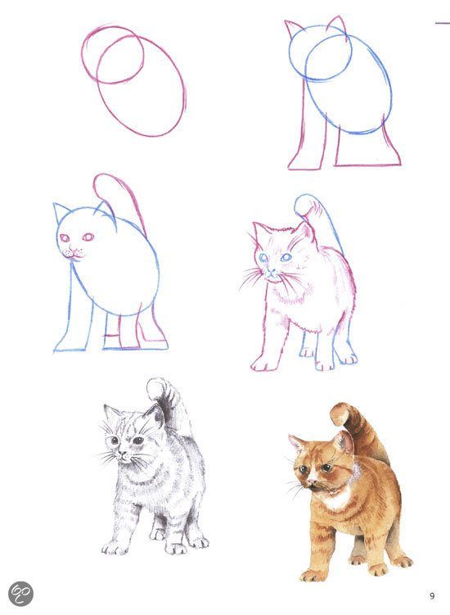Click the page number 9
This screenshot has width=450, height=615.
click(x=432, y=596)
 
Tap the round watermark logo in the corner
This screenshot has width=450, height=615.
click(x=20, y=594)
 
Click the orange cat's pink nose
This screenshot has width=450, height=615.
click(x=313, y=480)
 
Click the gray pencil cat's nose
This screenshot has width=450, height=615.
click(x=124, y=455)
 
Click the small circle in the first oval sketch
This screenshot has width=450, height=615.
click(x=113, y=56)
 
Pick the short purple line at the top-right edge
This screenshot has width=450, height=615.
click(x=442, y=23)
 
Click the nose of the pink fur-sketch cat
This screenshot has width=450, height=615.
click(x=271, y=270)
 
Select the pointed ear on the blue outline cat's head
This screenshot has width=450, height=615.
click(x=60, y=213)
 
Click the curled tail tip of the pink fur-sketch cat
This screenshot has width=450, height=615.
click(x=304, y=205)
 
